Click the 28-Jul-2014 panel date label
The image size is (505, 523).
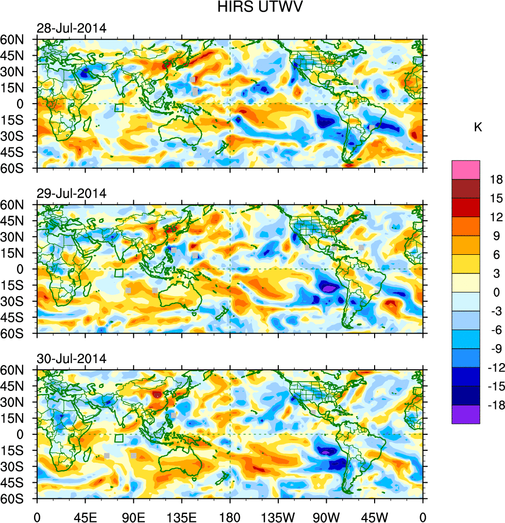pyautogui.click(x=71, y=28)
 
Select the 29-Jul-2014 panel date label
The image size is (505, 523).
pyautogui.click(x=71, y=194)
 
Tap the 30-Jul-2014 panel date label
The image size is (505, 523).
pyautogui.click(x=71, y=359)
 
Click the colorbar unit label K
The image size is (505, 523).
pyautogui.click(x=478, y=127)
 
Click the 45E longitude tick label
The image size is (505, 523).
pyautogui.click(x=85, y=516)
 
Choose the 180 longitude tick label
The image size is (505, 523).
pyautogui.click(x=230, y=516)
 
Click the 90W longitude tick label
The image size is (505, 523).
pyautogui.click(x=326, y=516)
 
